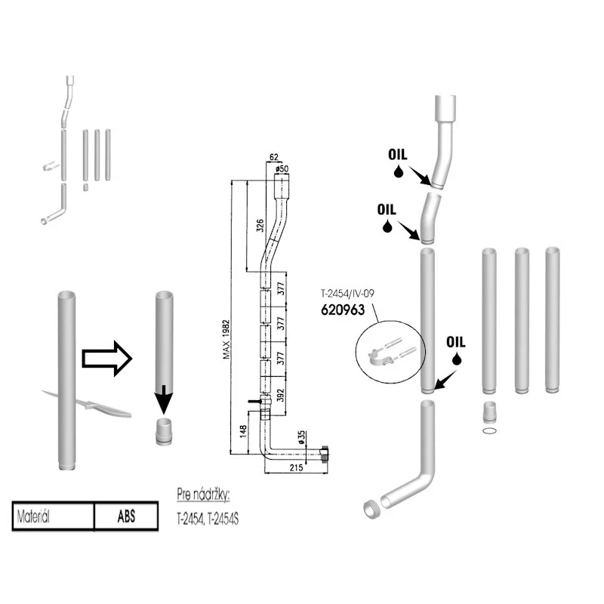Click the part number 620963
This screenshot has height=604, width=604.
pyautogui.click(x=343, y=310)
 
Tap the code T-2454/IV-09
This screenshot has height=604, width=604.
pyautogui.click(x=347, y=294)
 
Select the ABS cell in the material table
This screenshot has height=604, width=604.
pyautogui.click(x=126, y=516)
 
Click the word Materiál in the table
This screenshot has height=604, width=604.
pyautogui.click(x=33, y=516)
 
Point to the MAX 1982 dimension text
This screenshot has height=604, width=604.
pyautogui.click(x=226, y=339)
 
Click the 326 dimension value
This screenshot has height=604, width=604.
pyautogui.click(x=260, y=225)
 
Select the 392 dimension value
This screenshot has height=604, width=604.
pyautogui.click(x=280, y=395)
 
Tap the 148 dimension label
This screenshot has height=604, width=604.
pyautogui.click(x=243, y=431)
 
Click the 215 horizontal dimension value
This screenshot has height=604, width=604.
pyautogui.click(x=296, y=467)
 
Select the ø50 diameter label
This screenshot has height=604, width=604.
pyautogui.click(x=282, y=168)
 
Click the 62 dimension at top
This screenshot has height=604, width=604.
pyautogui.click(x=273, y=157)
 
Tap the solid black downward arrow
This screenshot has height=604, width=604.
pyautogui.click(x=165, y=399)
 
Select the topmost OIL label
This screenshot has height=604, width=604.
pyautogui.click(x=398, y=155)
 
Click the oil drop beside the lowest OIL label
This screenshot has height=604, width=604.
pyautogui.click(x=457, y=359)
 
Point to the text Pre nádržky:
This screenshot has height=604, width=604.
pyautogui.click(x=203, y=495)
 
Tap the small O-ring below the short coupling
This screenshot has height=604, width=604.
pyautogui.click(x=489, y=430)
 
